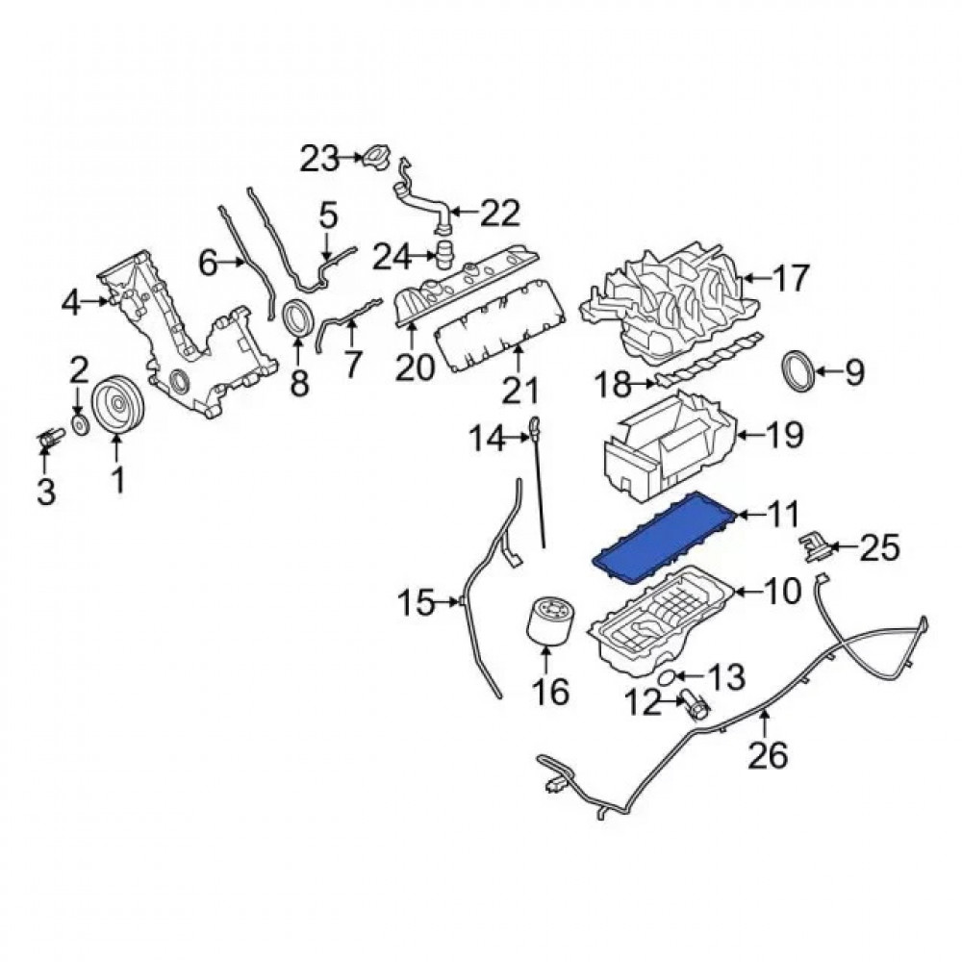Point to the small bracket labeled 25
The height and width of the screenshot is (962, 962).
[x=812, y=549]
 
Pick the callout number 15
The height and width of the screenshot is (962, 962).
[x=418, y=604]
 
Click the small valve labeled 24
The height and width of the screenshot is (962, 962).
[x=444, y=257]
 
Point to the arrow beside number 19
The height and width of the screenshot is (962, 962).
[x=752, y=435]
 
